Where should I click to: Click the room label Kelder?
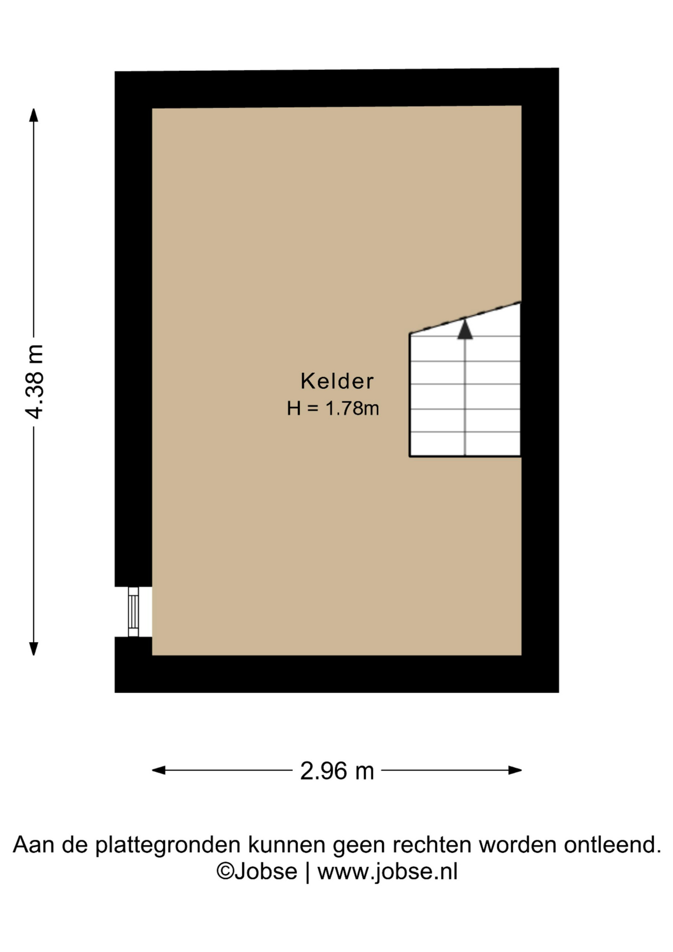[x=337, y=381]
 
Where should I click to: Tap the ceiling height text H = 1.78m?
[x=333, y=408]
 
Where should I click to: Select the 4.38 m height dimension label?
[x=35, y=381]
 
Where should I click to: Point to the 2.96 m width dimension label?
[x=337, y=771]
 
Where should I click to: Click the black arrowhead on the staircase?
[x=465, y=330]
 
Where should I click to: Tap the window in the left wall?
[x=133, y=611]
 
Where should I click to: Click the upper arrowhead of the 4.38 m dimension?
[x=34, y=115]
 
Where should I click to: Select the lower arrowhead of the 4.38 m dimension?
[x=34, y=649]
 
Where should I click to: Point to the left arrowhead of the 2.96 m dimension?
[x=159, y=770]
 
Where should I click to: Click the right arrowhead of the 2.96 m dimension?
[x=515, y=770]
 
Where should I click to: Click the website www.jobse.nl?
[x=388, y=872]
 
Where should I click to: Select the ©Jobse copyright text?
[x=257, y=872]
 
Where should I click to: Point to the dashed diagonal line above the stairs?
[x=465, y=318]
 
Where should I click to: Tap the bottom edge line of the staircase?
[x=465, y=456]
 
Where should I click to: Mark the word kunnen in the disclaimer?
[x=287, y=844]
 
